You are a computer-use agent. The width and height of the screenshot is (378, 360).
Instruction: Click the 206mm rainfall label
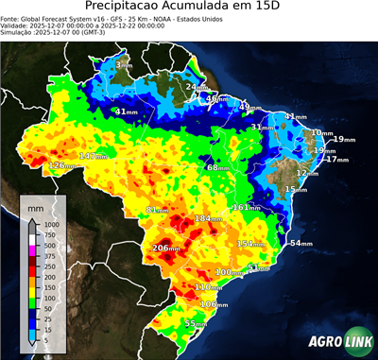point(166,248)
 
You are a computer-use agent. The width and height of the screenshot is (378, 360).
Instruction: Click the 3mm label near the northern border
point(124,65)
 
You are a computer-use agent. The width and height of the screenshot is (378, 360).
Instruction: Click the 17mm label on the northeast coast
point(332,159)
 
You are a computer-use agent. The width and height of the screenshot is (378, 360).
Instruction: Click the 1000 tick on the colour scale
point(50,224)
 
